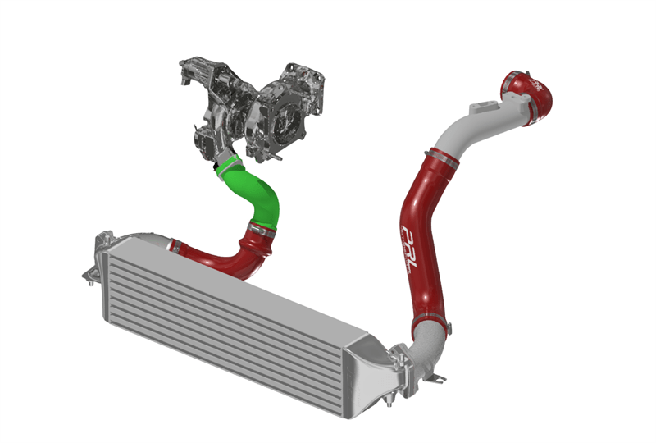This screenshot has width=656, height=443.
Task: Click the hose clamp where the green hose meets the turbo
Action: click(225, 163)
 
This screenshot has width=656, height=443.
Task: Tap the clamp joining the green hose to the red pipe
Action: click(259, 231)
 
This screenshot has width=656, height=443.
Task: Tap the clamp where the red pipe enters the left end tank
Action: click(173, 244)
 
